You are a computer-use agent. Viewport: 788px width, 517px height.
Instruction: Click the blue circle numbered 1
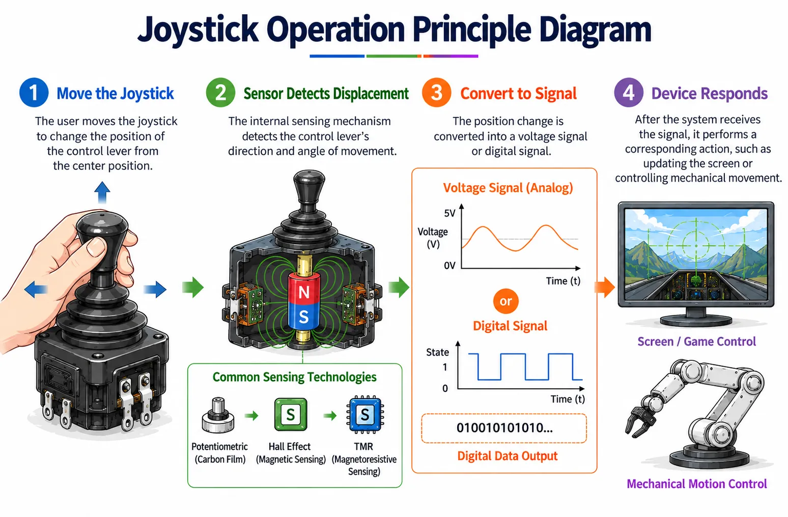[x=34, y=93]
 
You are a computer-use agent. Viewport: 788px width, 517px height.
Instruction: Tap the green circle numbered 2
[x=220, y=93]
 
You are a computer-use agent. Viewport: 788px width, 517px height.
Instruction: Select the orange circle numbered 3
[x=437, y=93]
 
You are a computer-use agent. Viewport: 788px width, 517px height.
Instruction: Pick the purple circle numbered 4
[x=629, y=93]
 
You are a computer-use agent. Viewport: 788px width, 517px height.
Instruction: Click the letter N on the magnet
[x=303, y=292]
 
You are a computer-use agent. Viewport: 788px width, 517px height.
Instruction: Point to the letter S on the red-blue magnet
[x=303, y=317]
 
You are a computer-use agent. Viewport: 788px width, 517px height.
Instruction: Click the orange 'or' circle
[x=506, y=301]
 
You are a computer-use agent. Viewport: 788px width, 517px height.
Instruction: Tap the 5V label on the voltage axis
[x=449, y=213]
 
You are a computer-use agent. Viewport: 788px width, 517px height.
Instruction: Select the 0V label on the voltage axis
[x=449, y=266]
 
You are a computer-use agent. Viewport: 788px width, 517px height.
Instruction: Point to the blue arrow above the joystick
[x=102, y=192]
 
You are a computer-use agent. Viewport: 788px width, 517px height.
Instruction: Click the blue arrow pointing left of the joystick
[x=36, y=290]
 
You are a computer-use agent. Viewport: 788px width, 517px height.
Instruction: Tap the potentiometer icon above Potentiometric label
[x=218, y=415]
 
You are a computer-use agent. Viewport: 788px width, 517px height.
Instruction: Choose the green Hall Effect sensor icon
[x=291, y=414]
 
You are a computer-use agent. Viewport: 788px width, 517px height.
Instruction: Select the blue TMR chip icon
[x=365, y=414]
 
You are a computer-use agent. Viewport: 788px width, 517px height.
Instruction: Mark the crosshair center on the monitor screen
[x=696, y=246]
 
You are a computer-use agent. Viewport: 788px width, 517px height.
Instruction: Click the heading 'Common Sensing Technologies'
[x=294, y=377]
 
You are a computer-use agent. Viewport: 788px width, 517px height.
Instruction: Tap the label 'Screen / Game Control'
[x=696, y=341]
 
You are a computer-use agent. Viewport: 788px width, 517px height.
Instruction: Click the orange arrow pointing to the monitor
[x=605, y=288]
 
